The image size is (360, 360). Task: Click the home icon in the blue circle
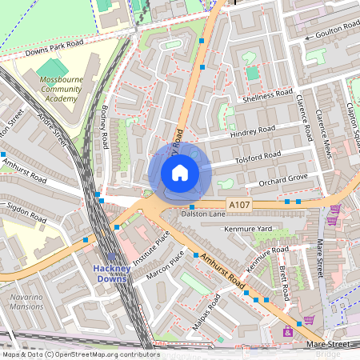pyautogui.click(x=180, y=173)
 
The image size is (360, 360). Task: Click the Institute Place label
pyautogui.click(x=152, y=249)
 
